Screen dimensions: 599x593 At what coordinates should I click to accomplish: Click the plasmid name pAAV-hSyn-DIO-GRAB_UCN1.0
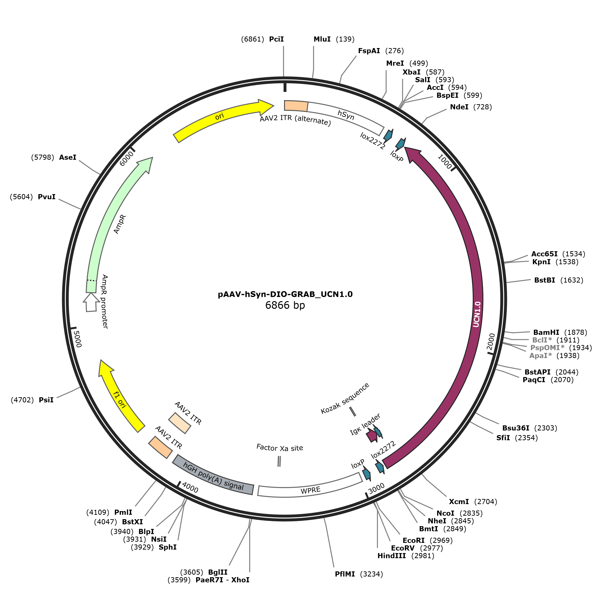pos(285,294)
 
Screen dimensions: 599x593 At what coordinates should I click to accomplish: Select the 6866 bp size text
pos(285,306)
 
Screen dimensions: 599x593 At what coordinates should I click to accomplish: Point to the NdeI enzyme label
pos(459,107)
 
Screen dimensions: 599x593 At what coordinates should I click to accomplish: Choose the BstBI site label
pos(545,280)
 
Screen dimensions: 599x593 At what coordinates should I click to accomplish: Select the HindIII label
pos(392,556)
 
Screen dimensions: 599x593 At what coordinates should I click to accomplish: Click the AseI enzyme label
pos(68,157)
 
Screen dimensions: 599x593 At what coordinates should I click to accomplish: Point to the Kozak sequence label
pos(345,398)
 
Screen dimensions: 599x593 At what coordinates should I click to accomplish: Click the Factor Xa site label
pos(280,448)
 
